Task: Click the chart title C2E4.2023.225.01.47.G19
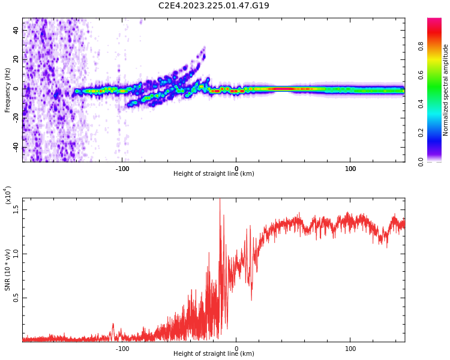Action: [x=214, y=6]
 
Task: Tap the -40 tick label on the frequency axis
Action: [x=16, y=146]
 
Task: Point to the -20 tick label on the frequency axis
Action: [x=16, y=118]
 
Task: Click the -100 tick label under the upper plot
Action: [x=122, y=169]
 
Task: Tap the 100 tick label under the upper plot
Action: [x=350, y=169]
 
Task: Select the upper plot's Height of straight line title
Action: [x=214, y=174]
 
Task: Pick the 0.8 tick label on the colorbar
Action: [x=437, y=46]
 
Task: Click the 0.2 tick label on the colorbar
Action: [x=437, y=133]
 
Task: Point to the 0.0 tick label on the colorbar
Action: [x=437, y=161]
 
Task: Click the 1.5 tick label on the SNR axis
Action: [x=16, y=209]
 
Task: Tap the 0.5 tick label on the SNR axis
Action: [x=16, y=298]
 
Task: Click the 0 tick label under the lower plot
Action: [x=236, y=349]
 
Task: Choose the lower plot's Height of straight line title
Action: [x=214, y=354]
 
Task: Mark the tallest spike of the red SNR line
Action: [x=220, y=200]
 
